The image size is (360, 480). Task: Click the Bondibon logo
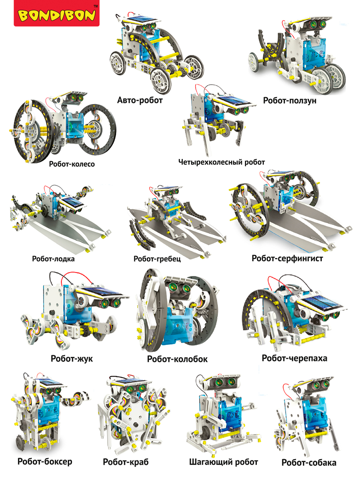tap(57, 13)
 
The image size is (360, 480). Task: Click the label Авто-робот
tap(140, 100)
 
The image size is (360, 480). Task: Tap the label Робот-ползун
tap(290, 100)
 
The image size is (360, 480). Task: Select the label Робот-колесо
tap(72, 164)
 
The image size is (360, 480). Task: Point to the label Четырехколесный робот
tap(221, 162)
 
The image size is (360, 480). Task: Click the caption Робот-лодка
tap(53, 259)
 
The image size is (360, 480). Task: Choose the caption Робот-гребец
tap(157, 259)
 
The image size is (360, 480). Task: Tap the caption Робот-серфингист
tap(287, 258)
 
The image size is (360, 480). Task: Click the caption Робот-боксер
tap(45, 461)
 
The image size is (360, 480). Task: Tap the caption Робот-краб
tap(126, 462)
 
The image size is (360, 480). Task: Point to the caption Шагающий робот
tap(223, 462)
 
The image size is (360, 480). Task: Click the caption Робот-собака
tap(309, 462)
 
